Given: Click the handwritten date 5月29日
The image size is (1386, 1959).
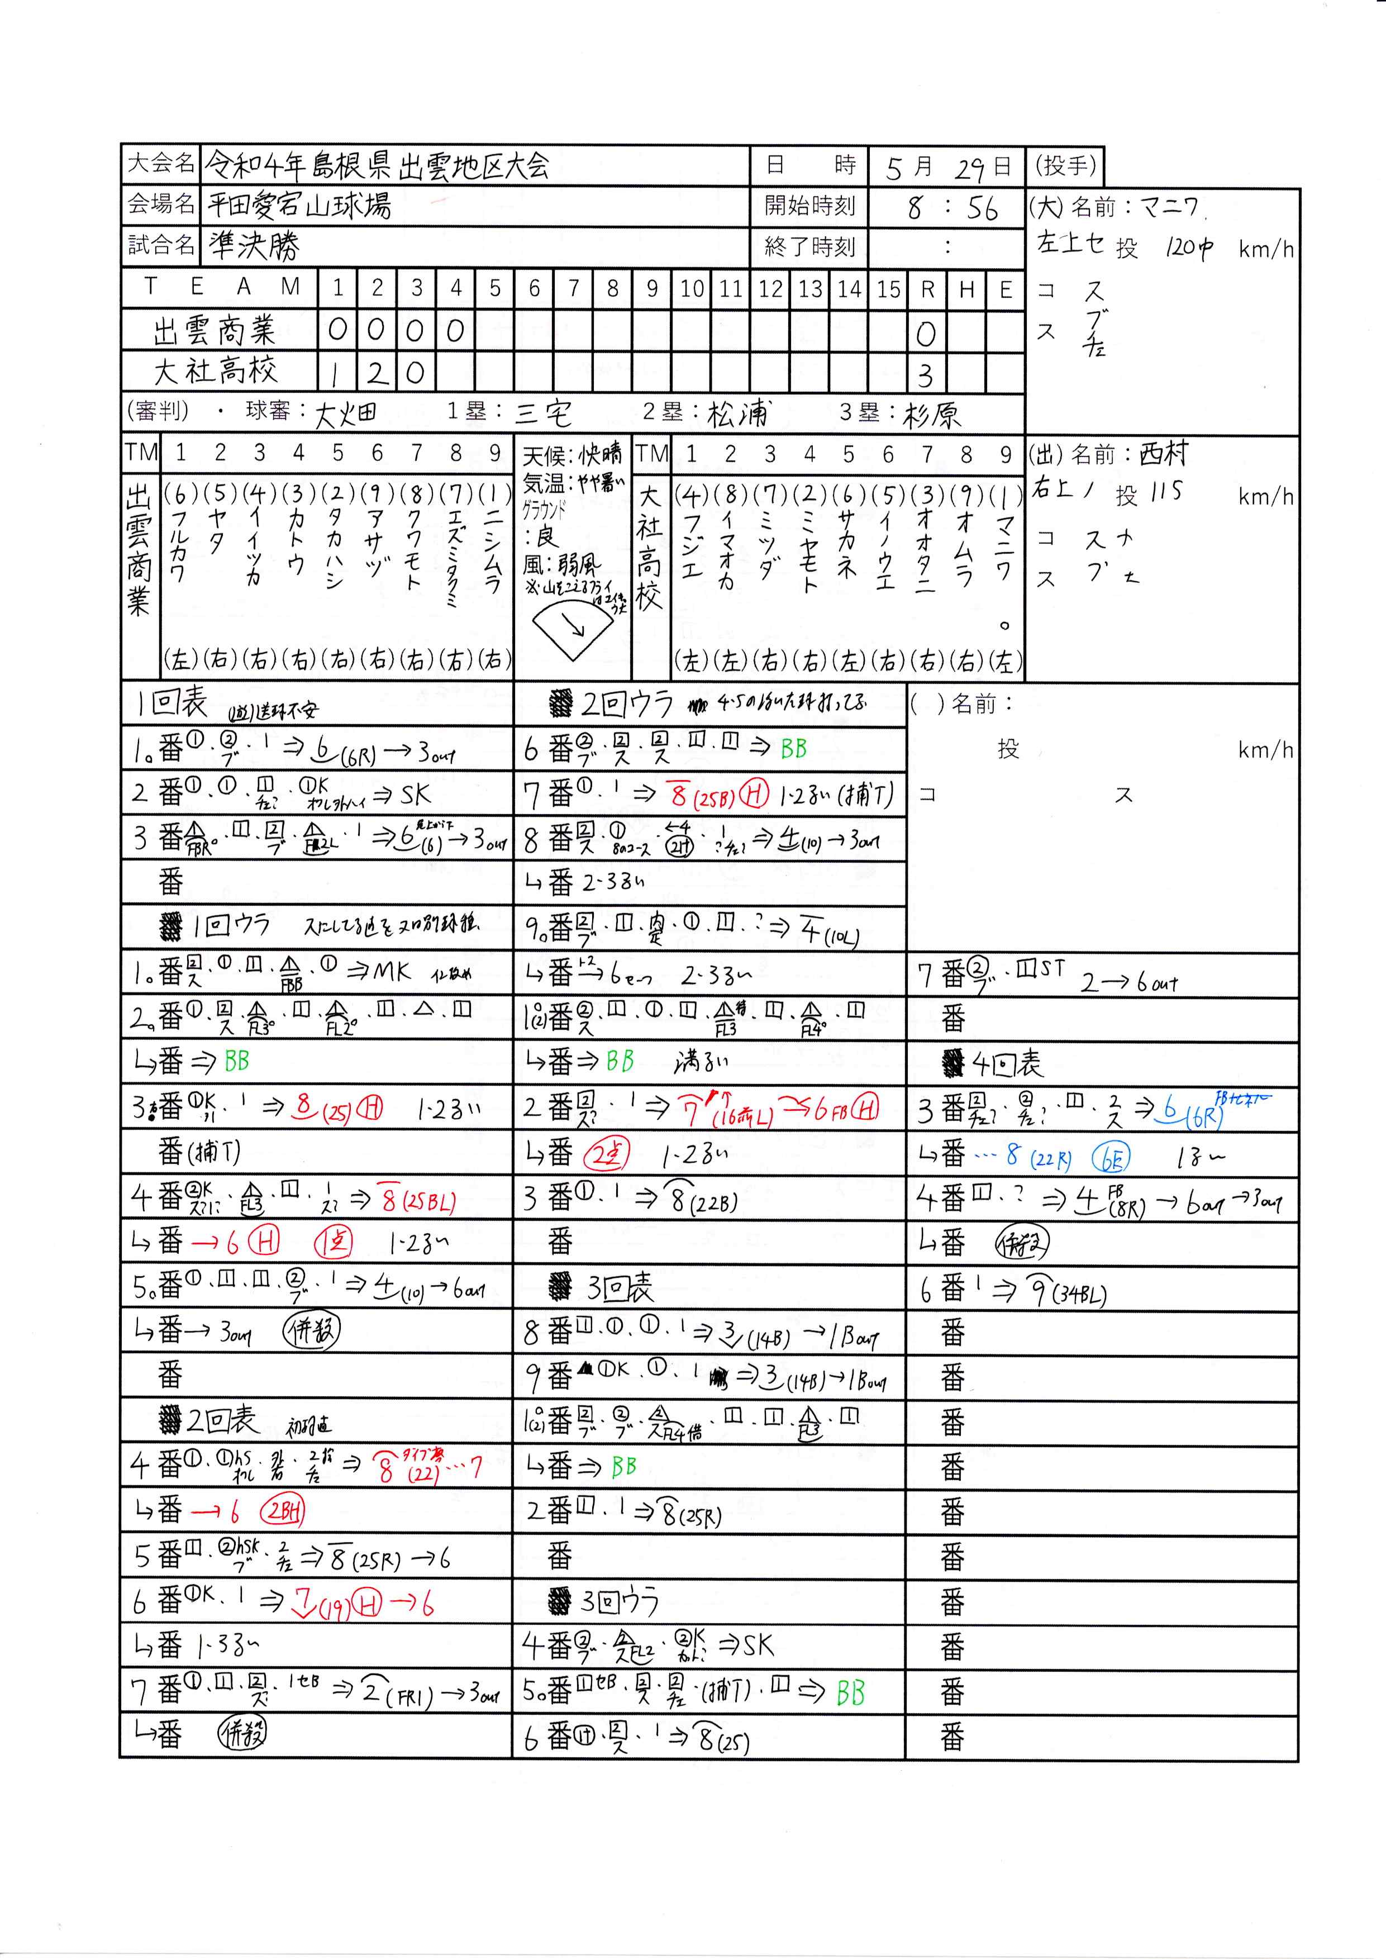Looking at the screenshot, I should [x=947, y=167].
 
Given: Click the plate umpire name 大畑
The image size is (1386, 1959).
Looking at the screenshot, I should [x=346, y=415].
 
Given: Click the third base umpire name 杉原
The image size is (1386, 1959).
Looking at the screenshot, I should [x=932, y=415].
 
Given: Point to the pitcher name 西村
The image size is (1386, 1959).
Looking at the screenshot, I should [x=1163, y=454].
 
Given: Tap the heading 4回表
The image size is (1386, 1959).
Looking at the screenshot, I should [x=1007, y=1063].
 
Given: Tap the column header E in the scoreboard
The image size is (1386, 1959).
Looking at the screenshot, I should [x=1006, y=290].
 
